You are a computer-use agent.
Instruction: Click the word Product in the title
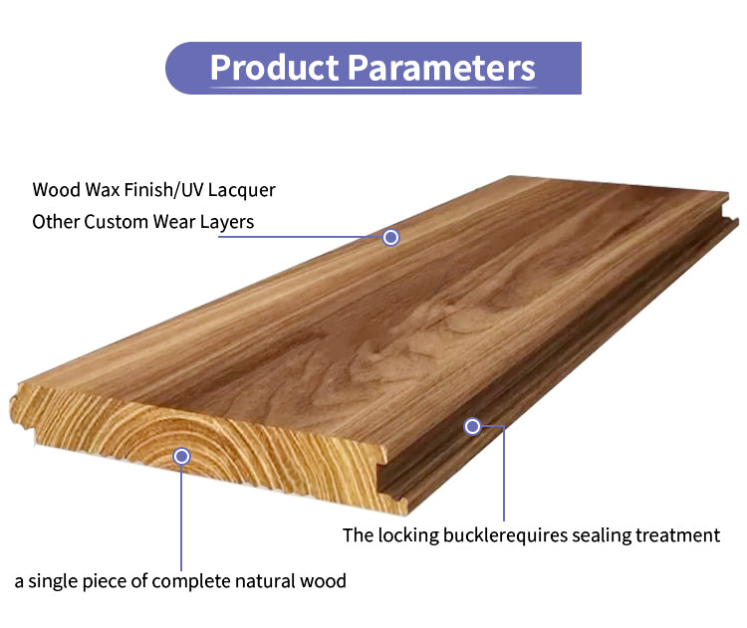(x=273, y=68)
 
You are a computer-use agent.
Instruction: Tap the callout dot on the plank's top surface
(x=391, y=237)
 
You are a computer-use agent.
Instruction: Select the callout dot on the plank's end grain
(x=181, y=456)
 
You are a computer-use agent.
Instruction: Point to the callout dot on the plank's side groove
(x=472, y=426)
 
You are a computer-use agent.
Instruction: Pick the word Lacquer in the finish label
(x=242, y=189)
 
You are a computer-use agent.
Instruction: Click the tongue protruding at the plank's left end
(x=19, y=408)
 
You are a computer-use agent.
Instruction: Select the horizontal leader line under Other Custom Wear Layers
(x=319, y=237)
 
